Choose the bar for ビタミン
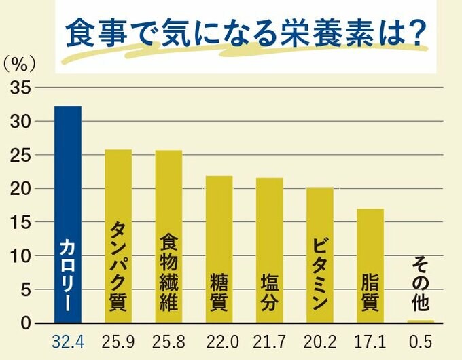319,255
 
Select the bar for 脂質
370,266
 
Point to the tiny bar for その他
421,321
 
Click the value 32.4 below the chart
68,342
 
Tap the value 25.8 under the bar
168,342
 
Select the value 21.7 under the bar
269,342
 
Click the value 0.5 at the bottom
421,342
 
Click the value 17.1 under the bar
370,342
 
